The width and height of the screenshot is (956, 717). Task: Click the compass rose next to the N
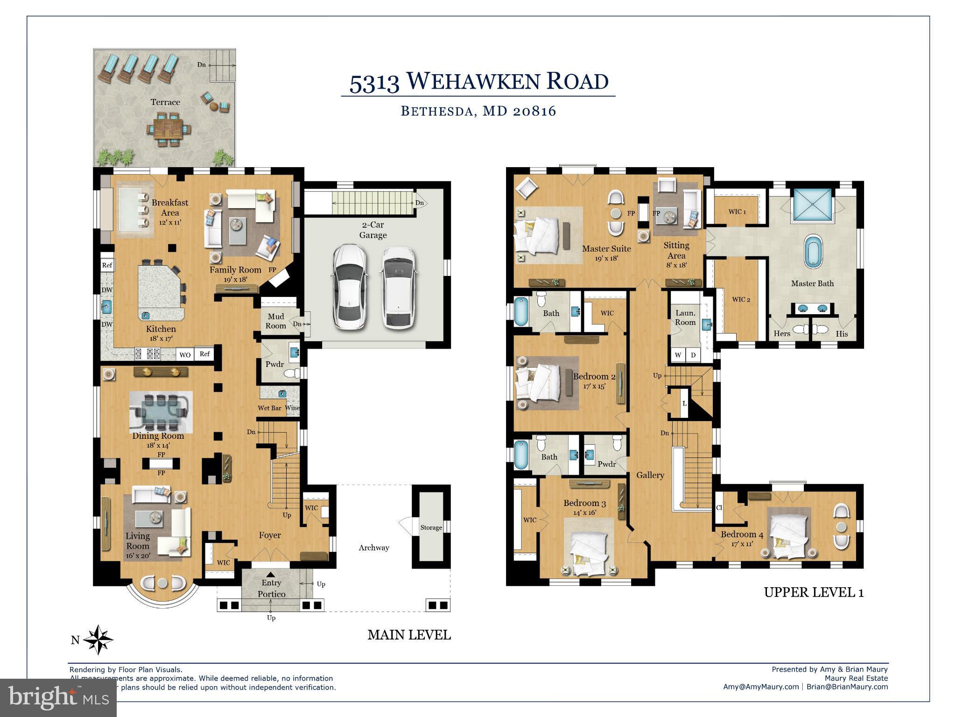point(98,640)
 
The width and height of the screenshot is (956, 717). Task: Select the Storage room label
point(431,527)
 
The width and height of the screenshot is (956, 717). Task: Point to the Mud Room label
point(276,321)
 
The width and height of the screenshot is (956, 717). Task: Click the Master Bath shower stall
point(812,204)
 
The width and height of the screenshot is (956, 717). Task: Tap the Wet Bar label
point(270,408)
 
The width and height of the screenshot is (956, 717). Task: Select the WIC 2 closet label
point(741,299)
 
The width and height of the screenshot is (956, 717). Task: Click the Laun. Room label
point(685,318)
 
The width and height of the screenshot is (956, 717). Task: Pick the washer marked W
point(678,355)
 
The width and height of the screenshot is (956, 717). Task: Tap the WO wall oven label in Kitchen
point(185,355)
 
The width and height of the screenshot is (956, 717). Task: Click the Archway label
point(374,548)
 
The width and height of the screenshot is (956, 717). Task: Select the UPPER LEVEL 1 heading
point(813,592)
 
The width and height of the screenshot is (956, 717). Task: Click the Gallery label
point(650,475)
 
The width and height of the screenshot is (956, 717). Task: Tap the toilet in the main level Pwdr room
point(293,373)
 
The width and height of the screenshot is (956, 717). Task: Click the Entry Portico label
point(271,588)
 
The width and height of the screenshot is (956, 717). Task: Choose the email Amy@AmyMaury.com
point(760,687)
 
